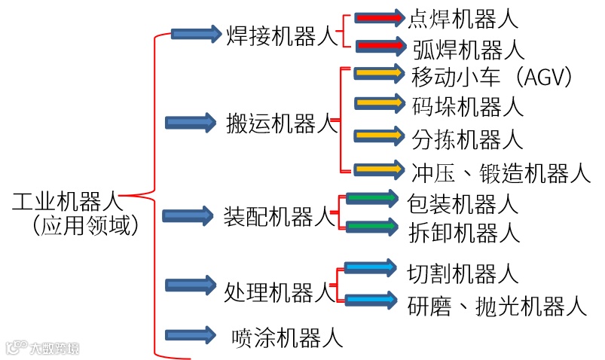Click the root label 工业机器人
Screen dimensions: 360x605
coord(66,202)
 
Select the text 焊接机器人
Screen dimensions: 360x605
coord(283,35)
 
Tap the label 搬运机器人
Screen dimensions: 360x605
coord(283,123)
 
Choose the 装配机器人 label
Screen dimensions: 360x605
coord(280,217)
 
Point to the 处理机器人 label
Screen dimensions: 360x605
coord(280,290)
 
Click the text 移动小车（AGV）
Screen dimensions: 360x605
coord(493,76)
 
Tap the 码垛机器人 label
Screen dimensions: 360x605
coord(468,106)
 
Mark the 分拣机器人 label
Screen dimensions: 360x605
coord(468,139)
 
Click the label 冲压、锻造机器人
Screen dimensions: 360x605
coord(501,172)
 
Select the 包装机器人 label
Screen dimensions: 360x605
coord(463,203)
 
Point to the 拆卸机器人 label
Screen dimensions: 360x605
coord(464,231)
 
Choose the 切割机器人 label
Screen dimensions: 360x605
coord(463,272)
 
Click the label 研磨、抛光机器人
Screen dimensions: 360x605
coord(497,305)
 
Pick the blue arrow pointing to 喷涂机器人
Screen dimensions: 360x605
coord(190,334)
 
